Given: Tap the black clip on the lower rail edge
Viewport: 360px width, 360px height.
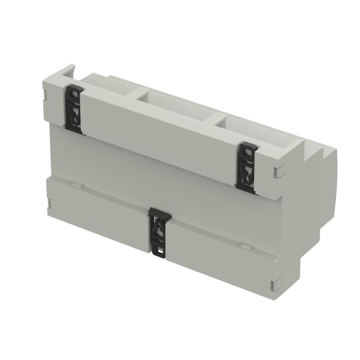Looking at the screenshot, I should click(x=158, y=230).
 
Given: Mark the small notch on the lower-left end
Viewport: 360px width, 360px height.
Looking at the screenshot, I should click(x=48, y=208).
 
